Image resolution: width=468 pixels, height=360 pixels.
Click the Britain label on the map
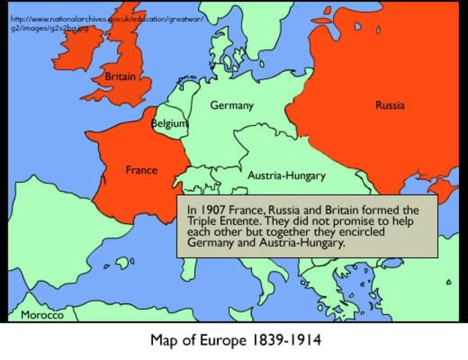[120, 76]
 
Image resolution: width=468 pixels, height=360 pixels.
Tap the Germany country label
[231, 106]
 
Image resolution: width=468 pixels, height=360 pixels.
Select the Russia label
[389, 106]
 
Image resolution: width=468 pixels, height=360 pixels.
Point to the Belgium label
[169, 123]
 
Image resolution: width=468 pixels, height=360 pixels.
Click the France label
[141, 170]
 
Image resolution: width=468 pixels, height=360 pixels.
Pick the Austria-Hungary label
[286, 176]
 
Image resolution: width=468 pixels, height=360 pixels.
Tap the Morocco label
[42, 315]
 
